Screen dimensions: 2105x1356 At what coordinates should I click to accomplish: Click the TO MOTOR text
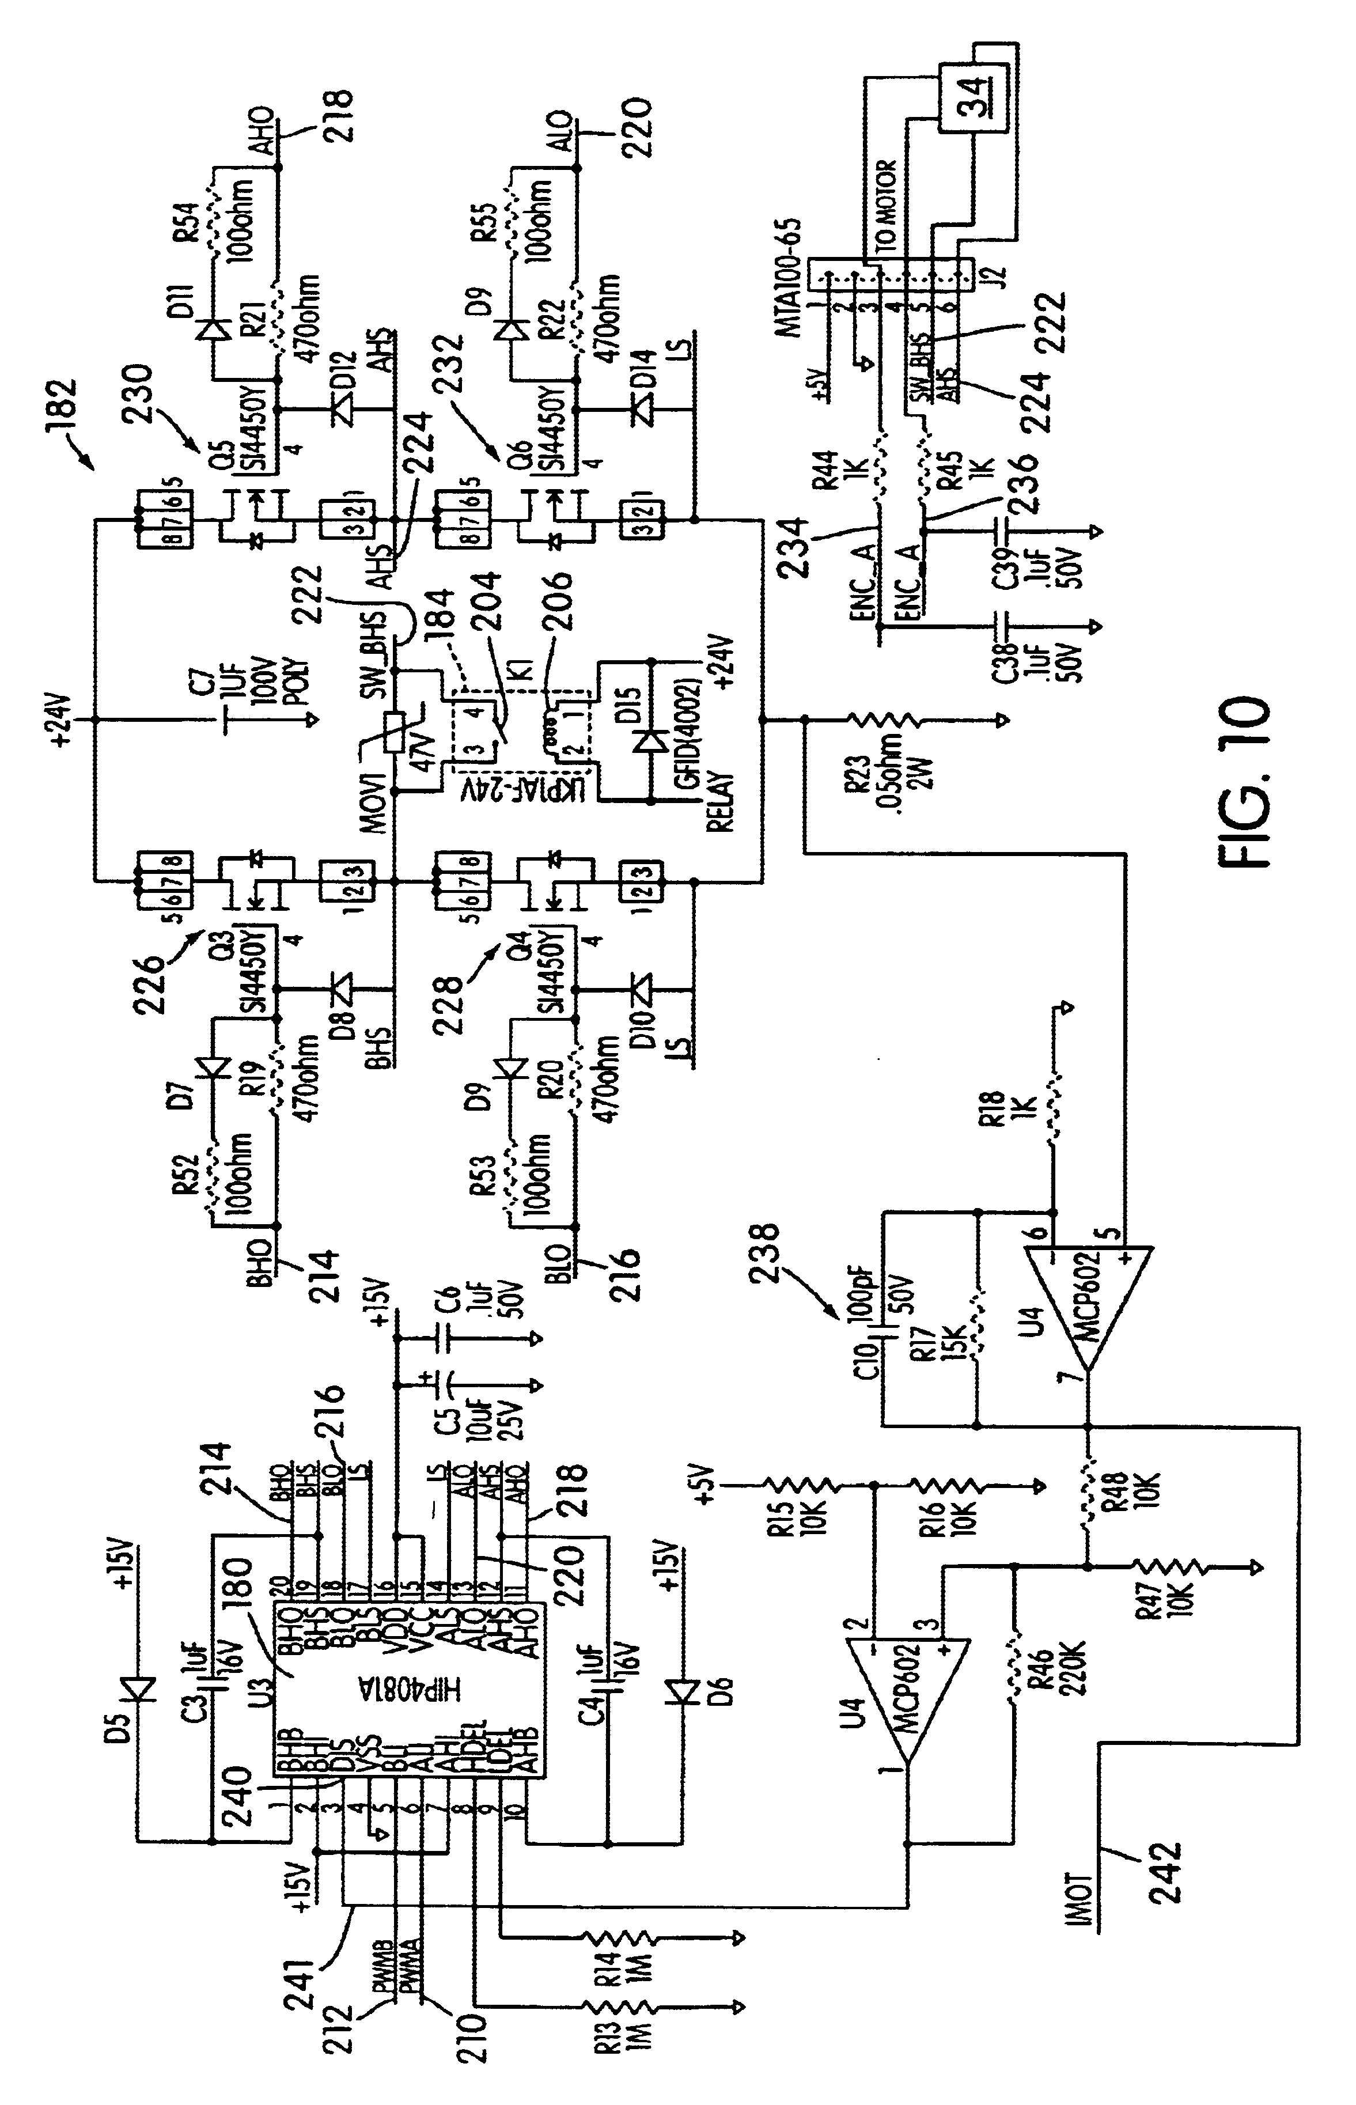click(x=887, y=205)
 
